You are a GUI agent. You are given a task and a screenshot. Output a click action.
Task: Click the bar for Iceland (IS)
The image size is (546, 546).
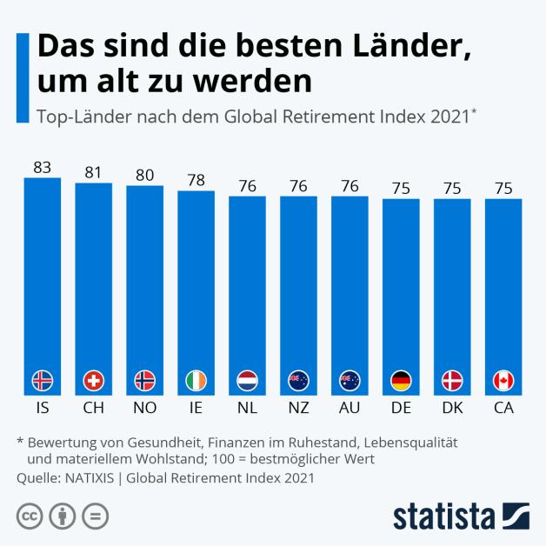pyautogui.click(x=42, y=278)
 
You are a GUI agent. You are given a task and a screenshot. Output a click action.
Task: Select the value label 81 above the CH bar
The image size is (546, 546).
pyautogui.click(x=93, y=172)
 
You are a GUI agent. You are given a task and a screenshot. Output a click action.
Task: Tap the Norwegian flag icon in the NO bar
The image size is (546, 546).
pyautogui.click(x=144, y=380)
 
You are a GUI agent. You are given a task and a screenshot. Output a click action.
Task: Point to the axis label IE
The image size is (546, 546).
pyautogui.click(x=196, y=406)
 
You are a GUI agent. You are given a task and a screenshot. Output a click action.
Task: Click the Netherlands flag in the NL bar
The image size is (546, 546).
pyautogui.click(x=247, y=380)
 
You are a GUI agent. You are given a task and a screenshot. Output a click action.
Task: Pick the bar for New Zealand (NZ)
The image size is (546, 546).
pyautogui.click(x=298, y=287)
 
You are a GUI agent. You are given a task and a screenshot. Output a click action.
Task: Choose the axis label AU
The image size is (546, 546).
pyautogui.click(x=350, y=406)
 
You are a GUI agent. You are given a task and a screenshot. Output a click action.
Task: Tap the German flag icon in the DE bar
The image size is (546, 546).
pyautogui.click(x=401, y=380)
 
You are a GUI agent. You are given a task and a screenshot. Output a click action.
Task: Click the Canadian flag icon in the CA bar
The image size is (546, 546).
pyautogui.click(x=503, y=380)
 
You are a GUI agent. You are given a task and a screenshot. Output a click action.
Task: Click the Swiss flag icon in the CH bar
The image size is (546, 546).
pyautogui.click(x=93, y=380)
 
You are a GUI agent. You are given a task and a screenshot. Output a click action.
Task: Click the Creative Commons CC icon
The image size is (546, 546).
pyautogui.click(x=30, y=516)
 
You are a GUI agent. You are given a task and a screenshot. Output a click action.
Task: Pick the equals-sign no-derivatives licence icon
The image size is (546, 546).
pyautogui.click(x=95, y=516)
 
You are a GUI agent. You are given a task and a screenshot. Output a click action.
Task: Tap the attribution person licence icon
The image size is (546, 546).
pyautogui.click(x=62, y=516)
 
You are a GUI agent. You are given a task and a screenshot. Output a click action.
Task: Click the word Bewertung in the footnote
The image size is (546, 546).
pyautogui.click(x=63, y=443)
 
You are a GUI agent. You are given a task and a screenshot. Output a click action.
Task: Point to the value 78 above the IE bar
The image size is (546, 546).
pyautogui.click(x=196, y=180)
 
